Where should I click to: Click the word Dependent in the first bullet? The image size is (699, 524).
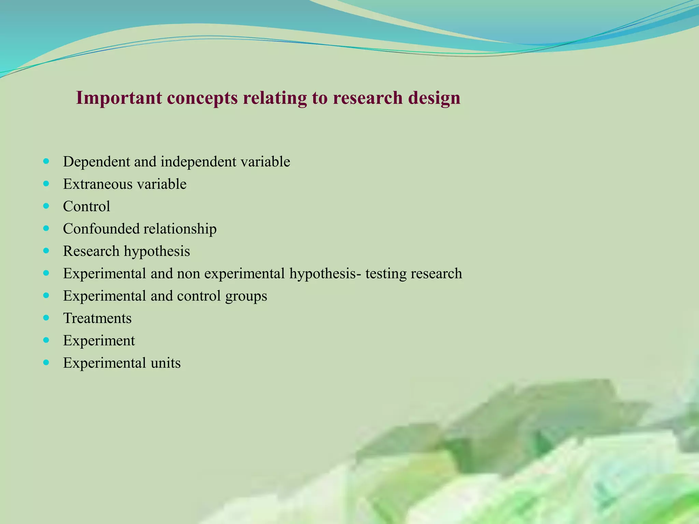pos(97,162)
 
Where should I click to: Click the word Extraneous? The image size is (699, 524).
pos(98,184)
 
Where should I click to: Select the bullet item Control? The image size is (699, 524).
pos(87,206)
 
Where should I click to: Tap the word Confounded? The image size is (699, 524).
pos(101,229)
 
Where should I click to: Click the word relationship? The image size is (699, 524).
pos(180,229)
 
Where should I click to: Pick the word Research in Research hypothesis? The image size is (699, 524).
pos(91,251)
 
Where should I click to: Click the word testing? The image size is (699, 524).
pos(386,274)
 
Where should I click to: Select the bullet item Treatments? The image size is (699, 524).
pos(97,318)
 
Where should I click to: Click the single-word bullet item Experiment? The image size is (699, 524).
pos(99,341)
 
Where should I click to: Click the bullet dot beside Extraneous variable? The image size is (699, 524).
pos(46,184)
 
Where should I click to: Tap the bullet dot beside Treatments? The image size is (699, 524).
pos(46,318)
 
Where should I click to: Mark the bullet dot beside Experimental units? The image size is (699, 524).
pos(46,363)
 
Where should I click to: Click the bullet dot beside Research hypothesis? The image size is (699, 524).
pos(46,251)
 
